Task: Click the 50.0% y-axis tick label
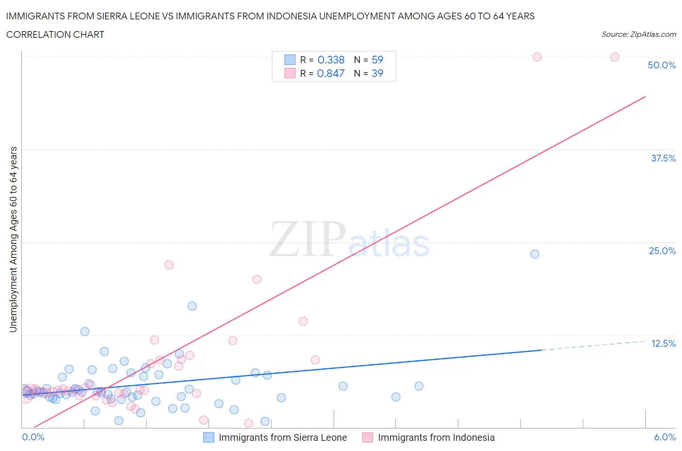point(662,65)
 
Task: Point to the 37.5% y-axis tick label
point(663,158)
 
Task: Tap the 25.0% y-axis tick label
point(662,251)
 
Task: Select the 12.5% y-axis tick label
point(663,343)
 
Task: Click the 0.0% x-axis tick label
point(33,437)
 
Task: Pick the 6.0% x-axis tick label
point(665,437)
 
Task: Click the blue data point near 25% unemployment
point(535,254)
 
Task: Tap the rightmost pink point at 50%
point(615,57)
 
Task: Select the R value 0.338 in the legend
point(331,60)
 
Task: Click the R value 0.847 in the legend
point(331,73)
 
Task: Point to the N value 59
point(377,60)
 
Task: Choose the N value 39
point(377,73)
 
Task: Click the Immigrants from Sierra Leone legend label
point(283,437)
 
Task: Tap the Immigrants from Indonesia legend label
point(436,437)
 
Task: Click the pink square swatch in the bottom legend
point(368,437)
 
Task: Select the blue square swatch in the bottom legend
point(209,437)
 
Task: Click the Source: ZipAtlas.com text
point(638,34)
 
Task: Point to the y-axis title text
point(13,239)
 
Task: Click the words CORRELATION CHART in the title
point(55,34)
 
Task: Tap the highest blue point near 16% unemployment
point(192,306)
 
